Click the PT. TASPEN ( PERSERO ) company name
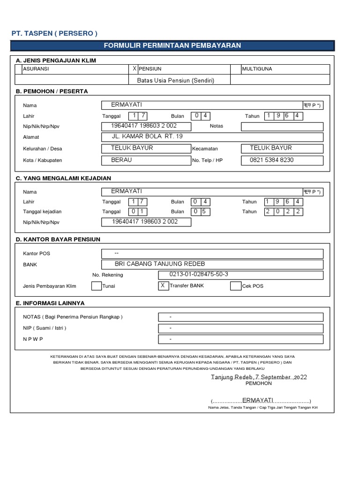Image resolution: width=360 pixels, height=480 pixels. [x=54, y=33]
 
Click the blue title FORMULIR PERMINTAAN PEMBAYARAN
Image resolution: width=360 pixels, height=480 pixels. [x=172, y=45]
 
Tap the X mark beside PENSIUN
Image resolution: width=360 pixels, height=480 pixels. [x=135, y=69]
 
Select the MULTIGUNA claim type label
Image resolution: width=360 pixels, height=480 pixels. [x=257, y=69]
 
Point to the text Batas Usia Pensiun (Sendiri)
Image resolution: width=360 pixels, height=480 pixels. [x=175, y=81]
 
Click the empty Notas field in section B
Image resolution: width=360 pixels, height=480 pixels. [x=282, y=126]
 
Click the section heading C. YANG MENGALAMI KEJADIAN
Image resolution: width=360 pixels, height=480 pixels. [x=63, y=179]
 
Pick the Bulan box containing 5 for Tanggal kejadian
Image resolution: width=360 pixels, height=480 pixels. [x=204, y=211]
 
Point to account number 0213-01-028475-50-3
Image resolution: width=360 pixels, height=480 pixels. [x=195, y=274]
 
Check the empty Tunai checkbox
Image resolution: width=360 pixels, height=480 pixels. [x=96, y=286]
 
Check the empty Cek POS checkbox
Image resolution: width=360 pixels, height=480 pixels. [x=235, y=286]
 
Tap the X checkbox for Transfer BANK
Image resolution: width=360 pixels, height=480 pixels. [x=163, y=285]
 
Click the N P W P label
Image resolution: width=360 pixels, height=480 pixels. [x=33, y=339]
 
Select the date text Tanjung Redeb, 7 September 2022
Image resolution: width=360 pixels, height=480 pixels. [x=259, y=377]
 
